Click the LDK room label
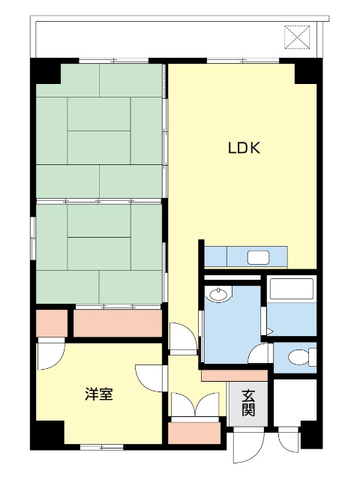pos(244,148)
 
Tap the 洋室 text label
pos(99,394)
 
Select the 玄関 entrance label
pos(248,403)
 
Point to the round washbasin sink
pos(218,295)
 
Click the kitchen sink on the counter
pos(258,257)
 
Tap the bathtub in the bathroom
pos(292,289)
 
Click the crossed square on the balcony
pos(297,37)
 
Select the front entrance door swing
pos(248,445)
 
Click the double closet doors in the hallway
pos(195,405)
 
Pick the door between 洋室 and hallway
pos(151,378)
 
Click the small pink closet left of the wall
pos(52,323)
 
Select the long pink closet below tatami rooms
pos(118,323)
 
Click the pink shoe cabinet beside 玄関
pos(234,376)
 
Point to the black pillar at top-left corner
pos(46,70)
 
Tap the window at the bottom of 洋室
pos(102,447)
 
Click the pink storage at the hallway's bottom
pos(194,433)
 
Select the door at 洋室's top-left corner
pos(51,355)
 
